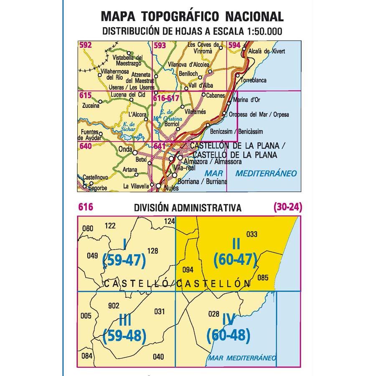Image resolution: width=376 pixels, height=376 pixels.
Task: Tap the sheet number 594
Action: coord(235,45)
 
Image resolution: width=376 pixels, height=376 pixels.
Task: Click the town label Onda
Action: coord(125,148)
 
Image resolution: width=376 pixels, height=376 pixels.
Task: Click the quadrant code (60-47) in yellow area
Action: coord(234,260)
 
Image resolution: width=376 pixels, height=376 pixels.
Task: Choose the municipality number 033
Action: coord(252,234)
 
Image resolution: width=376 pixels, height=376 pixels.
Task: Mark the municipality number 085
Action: coord(263,276)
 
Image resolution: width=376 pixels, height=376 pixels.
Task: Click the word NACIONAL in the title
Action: coord(254,16)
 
